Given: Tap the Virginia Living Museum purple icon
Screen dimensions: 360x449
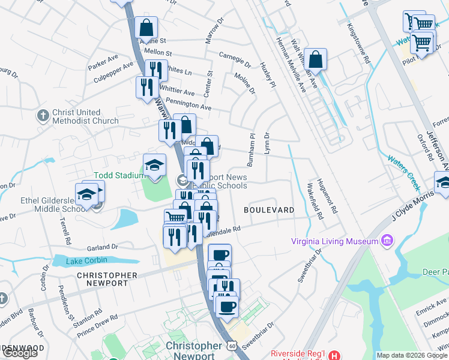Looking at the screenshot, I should point(387,242).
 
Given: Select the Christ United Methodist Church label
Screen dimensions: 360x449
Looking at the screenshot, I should point(85,116).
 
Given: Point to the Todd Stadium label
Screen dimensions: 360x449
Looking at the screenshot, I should point(119,175).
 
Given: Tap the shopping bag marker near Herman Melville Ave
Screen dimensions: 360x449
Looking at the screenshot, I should point(315,60).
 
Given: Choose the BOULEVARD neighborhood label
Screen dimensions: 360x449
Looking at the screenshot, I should point(269,210).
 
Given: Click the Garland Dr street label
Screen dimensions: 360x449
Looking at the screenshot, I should point(103,247).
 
